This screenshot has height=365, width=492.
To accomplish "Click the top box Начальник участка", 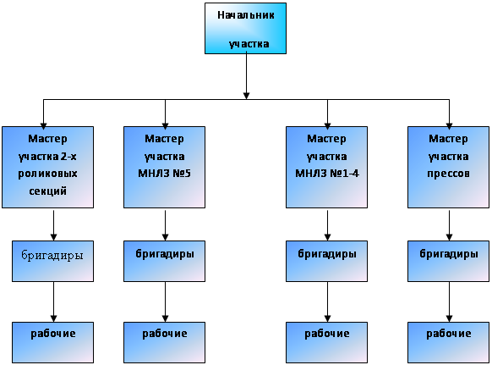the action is point(245,29).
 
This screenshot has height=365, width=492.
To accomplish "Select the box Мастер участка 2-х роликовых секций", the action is point(47,167).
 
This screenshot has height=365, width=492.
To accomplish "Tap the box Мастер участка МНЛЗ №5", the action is point(164,167).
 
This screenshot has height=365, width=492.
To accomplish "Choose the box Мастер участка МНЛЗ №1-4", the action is point(326,167).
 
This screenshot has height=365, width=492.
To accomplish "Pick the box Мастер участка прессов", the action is point(448,167).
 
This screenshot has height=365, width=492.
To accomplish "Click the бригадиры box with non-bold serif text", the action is point(52,261).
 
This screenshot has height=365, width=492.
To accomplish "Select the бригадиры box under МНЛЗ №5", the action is point(164,261).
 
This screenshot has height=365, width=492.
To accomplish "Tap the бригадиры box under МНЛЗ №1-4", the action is point(326,261).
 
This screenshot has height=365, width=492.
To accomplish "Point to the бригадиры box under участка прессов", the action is point(448,261).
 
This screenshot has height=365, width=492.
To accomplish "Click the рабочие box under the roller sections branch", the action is point(52,342).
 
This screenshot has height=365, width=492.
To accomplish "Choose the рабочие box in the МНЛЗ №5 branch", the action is point(164,342).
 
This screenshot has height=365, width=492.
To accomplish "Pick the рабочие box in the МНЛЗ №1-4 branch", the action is point(326,342).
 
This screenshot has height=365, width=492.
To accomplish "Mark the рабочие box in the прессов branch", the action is point(448,342).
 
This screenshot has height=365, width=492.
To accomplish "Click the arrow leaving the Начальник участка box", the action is point(246,76).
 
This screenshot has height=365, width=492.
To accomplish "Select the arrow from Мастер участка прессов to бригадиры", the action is point(449,225).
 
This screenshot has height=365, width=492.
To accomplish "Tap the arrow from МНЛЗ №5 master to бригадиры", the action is point(165,225).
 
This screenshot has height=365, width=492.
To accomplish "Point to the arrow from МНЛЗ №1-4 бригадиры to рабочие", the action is point(327,301).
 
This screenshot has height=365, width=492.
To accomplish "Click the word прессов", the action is point(448,174).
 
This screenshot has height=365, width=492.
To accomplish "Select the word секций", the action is point(47,191).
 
